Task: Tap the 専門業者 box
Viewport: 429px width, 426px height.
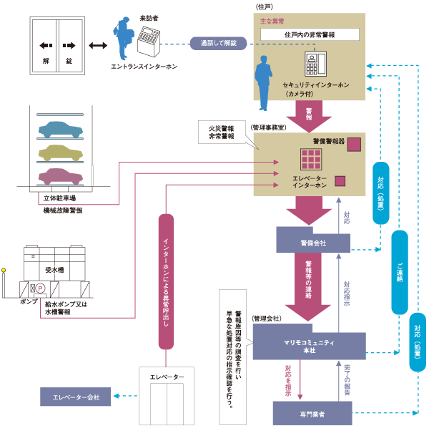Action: pyautogui.click(x=312, y=413)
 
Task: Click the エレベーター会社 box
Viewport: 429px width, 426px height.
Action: pyautogui.click(x=75, y=396)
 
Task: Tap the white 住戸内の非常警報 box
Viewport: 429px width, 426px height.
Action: pyautogui.click(x=310, y=34)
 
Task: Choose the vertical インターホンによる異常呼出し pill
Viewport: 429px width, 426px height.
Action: pyautogui.click(x=165, y=281)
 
